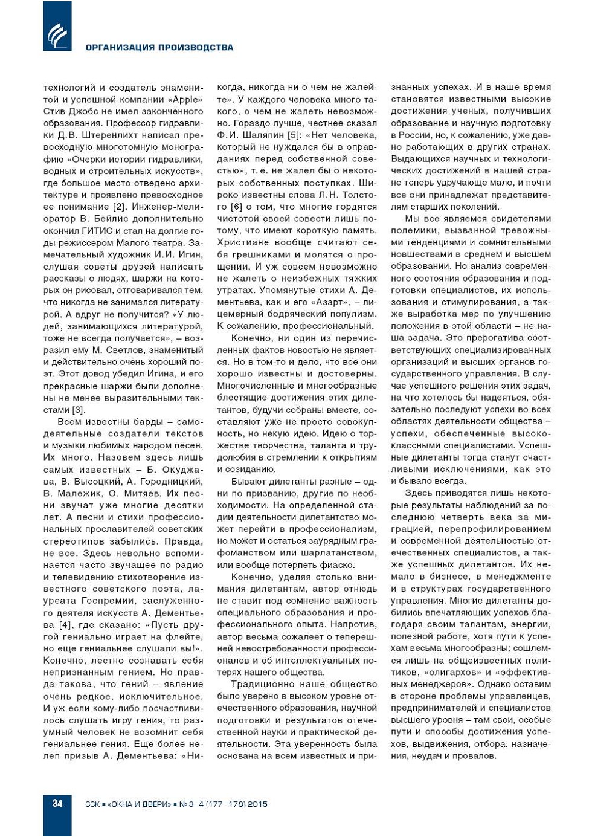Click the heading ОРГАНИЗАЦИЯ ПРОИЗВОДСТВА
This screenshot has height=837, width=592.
click(159, 47)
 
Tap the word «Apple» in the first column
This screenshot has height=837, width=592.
click(185, 99)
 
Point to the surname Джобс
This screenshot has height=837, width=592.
click(84, 111)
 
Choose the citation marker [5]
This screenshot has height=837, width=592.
click(294, 135)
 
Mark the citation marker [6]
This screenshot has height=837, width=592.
click(237, 207)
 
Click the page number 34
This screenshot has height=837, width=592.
click(57, 803)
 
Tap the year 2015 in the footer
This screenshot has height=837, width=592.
click(257, 804)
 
